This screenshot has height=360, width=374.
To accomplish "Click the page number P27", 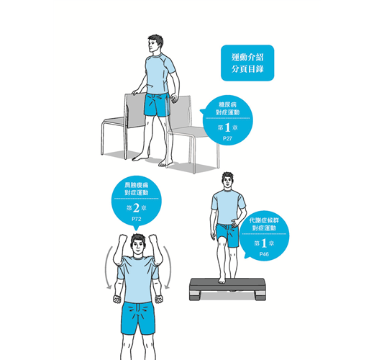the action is pos(227,138).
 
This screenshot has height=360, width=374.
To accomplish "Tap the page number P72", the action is pos(136,219).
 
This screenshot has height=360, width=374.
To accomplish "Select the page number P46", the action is pos(264,254).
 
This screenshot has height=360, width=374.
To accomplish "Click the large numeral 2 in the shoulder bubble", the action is pos(136,208).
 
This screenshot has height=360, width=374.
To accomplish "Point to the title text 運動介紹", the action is pos(247,58).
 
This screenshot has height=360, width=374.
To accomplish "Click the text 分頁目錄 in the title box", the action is pos(247,69).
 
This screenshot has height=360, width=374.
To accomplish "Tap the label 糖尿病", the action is pos(227,104).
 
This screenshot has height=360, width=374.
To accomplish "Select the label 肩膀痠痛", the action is pos(136,185).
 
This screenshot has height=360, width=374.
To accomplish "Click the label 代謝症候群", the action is pos(264,220).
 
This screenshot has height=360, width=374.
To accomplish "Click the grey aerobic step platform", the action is pos(227,289).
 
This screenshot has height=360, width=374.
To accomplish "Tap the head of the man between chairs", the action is pos(155,43).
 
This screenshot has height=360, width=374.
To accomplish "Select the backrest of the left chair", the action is pos(136,110).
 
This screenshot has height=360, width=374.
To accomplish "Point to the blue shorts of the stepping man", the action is pos(227,235).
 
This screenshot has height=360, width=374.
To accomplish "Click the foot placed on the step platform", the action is pos(222,279).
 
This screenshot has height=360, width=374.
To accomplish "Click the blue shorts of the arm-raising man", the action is pos(138,318).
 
